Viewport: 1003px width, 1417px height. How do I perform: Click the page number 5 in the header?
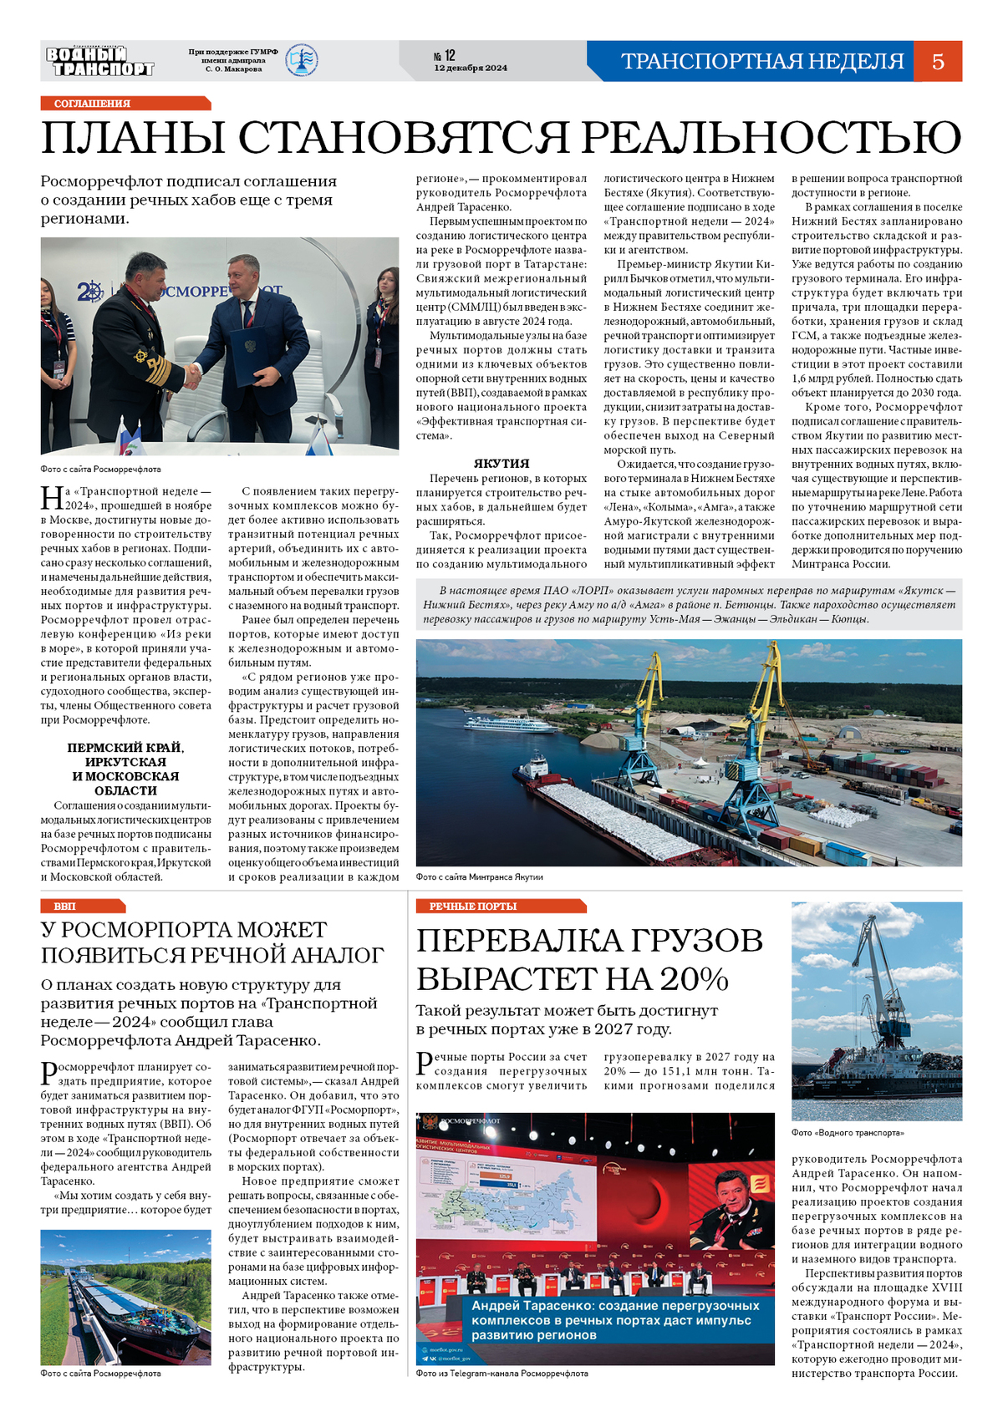click(938, 61)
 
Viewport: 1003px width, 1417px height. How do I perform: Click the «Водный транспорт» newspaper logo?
click(99, 62)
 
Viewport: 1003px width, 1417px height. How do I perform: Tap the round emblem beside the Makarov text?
click(302, 61)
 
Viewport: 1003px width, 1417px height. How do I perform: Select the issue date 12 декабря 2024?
click(471, 69)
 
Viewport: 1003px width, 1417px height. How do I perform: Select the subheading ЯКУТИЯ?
click(501, 463)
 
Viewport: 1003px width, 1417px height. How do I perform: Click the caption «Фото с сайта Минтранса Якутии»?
click(480, 876)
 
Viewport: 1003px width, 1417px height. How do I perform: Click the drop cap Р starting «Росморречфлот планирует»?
click(48, 1073)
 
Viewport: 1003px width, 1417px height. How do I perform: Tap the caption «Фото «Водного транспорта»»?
click(848, 1133)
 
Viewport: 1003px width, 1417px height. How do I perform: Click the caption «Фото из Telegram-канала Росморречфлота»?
click(502, 1373)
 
